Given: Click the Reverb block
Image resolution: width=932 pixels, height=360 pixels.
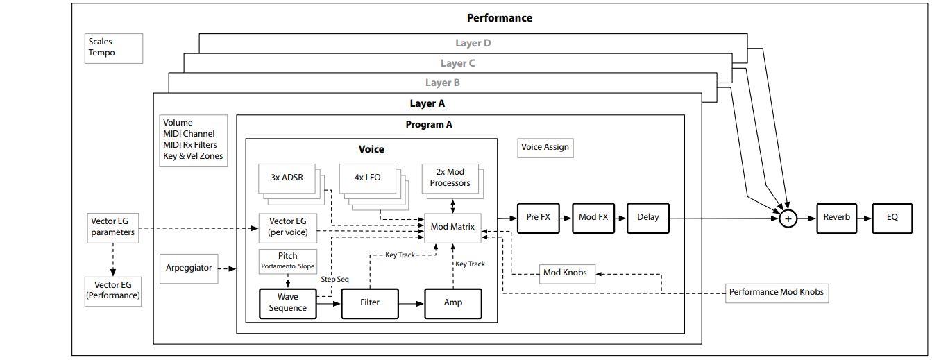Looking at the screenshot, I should (836, 217).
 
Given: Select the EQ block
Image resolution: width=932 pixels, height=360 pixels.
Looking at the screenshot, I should (892, 217).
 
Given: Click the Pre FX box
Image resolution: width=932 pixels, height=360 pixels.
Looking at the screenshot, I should (538, 217).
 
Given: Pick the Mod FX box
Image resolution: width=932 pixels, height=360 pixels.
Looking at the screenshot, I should (593, 217).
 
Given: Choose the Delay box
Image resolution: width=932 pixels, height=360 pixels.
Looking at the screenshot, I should (647, 217).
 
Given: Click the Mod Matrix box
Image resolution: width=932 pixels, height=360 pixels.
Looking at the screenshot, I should (452, 227).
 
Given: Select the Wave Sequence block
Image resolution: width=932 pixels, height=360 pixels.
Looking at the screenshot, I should (287, 303).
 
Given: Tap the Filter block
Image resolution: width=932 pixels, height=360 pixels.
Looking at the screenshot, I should (370, 303).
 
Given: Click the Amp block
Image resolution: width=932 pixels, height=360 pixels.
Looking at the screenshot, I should (452, 303).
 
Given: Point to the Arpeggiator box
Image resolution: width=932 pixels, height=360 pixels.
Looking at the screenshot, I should (189, 268).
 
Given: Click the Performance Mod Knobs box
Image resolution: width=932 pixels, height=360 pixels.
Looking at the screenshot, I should (776, 292).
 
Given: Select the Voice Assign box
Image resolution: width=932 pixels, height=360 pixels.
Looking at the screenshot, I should (546, 147).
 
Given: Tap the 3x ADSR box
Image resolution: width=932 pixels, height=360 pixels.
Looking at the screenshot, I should (287, 178).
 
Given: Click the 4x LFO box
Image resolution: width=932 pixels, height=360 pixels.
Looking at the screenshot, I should (367, 178).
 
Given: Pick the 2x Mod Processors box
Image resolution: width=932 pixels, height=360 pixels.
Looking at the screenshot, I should (450, 178).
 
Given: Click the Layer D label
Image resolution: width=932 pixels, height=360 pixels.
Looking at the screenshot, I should (473, 43).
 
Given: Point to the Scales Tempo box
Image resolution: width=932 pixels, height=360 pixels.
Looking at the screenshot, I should (113, 48).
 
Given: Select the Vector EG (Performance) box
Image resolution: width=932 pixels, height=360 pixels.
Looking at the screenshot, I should (112, 290).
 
